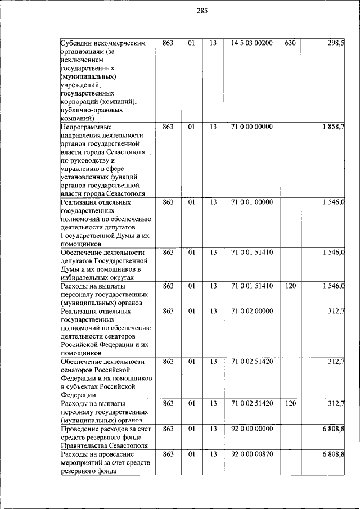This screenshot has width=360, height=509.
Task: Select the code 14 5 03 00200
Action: (251, 43)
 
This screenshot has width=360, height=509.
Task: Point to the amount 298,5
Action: (336, 43)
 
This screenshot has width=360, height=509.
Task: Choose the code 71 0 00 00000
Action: (251, 127)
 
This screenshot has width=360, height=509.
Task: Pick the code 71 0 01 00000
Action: (251, 202)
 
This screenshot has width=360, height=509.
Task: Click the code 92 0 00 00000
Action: (251, 429)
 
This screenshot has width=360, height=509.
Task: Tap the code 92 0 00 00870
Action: (251, 454)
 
